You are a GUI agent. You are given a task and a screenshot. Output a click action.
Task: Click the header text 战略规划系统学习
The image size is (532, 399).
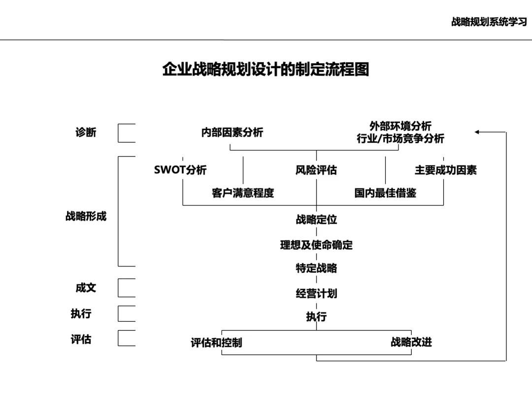[x=489, y=22]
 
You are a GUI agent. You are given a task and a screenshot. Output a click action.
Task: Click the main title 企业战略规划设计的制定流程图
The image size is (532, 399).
[x=266, y=69]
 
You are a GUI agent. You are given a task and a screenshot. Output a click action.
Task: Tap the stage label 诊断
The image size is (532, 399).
[x=86, y=133]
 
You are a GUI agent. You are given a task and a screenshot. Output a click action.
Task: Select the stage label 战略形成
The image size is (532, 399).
[x=86, y=216]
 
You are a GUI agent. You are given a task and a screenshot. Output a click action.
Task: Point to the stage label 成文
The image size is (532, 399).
[x=86, y=288]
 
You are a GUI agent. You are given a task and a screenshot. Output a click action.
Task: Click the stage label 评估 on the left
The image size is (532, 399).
[x=81, y=339]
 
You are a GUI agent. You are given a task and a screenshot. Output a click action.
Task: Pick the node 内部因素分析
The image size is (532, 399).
[x=232, y=133]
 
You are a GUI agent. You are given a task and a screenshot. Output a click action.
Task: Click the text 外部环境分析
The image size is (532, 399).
[x=400, y=127]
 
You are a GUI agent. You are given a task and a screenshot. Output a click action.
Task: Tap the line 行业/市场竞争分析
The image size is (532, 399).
[x=400, y=139]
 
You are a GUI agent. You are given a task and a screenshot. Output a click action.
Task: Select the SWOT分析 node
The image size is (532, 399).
[x=180, y=170]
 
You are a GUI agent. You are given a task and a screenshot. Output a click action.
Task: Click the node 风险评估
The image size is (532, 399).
[x=316, y=170]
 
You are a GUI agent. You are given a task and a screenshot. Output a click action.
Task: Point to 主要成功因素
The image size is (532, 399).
[x=445, y=170]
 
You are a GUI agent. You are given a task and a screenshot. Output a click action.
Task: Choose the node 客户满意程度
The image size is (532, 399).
[x=243, y=193]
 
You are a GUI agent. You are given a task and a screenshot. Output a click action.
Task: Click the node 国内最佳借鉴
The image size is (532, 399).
[x=385, y=193]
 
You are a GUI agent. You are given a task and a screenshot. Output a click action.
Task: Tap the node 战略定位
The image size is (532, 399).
[x=316, y=220]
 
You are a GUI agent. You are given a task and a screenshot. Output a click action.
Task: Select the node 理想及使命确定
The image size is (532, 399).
[x=316, y=245]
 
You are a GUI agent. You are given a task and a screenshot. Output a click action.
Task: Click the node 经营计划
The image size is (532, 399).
[x=316, y=294]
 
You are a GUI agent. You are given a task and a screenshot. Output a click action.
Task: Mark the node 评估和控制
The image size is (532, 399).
[x=216, y=342]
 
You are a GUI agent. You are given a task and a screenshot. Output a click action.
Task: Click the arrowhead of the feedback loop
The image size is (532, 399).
[x=478, y=132]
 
